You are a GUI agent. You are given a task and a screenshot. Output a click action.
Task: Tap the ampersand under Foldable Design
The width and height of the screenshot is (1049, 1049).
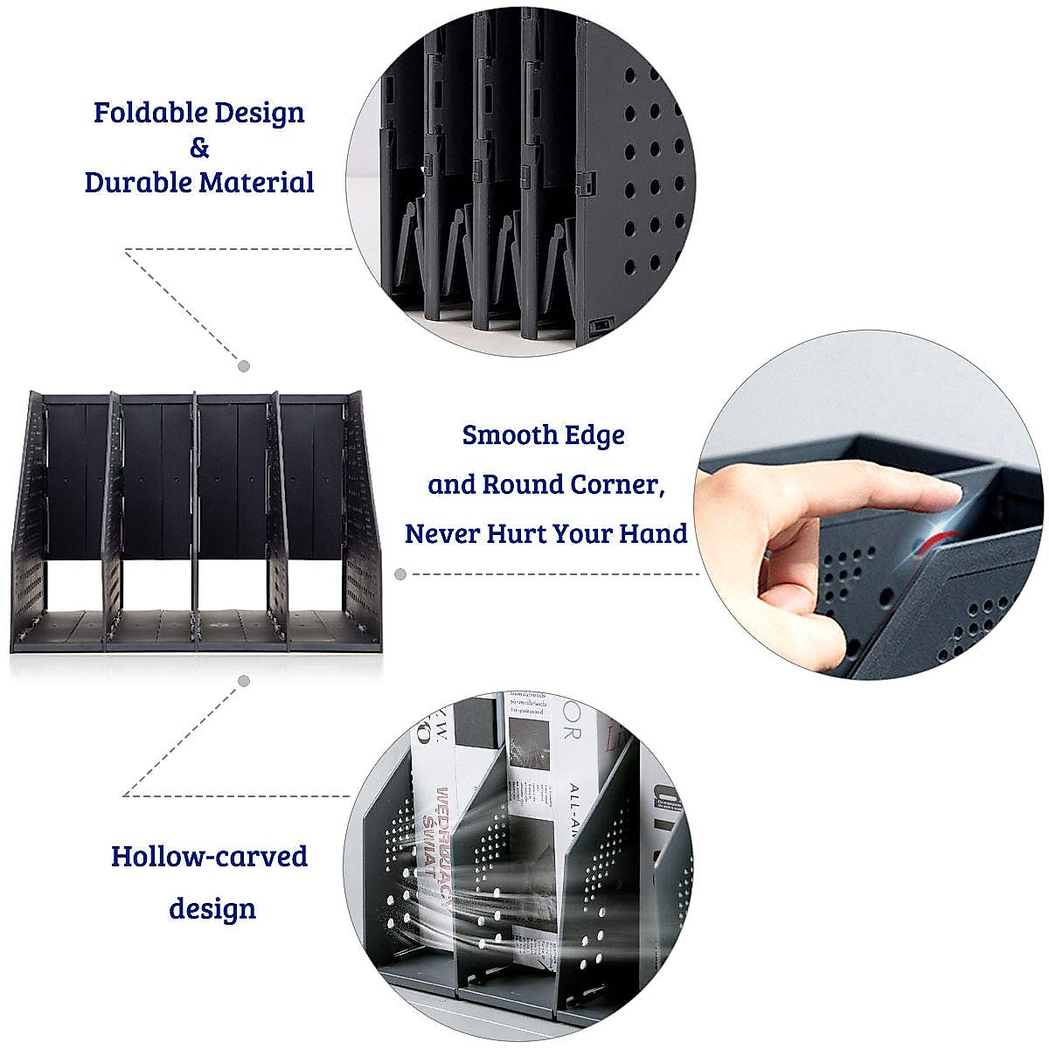click(199, 148)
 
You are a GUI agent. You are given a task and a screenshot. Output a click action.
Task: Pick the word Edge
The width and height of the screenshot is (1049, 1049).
click(594, 434)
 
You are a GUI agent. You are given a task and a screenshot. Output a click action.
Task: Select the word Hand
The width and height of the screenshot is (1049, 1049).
click(653, 532)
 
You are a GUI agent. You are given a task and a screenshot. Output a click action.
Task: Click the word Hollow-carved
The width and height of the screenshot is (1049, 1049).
click(209, 856)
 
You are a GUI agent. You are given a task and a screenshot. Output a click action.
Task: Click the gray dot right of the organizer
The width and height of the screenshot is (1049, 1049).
click(400, 574)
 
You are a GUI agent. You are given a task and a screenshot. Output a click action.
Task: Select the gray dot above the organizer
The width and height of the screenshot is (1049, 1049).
click(245, 365)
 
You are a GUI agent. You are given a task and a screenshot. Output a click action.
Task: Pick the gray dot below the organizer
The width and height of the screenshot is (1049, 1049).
click(245, 680)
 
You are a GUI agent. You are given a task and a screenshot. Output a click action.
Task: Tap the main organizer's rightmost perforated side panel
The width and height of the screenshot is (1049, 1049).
click(360, 524)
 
